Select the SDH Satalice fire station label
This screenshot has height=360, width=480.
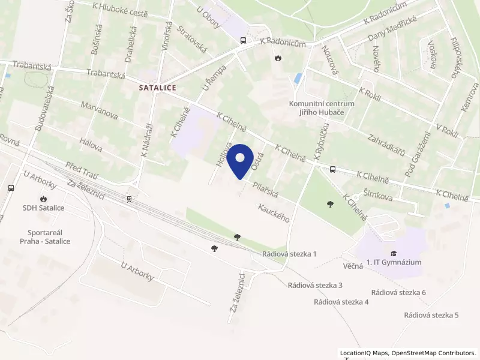click(x=44, y=208)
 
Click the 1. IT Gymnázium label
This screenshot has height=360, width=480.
click(x=394, y=262)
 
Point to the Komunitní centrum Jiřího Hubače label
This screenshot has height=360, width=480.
click(x=322, y=107)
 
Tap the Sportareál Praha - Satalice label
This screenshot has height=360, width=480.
click(x=49, y=236)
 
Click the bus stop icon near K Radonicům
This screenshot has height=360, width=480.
click(x=243, y=40)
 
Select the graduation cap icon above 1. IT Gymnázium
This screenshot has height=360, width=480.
click(x=394, y=253)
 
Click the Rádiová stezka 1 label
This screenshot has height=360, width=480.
click(x=289, y=254)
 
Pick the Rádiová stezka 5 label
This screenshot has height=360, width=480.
click(x=431, y=315)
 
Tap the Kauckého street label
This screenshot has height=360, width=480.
click(x=274, y=213)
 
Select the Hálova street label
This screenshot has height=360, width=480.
click(x=90, y=143)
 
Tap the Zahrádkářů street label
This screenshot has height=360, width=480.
click(x=388, y=143)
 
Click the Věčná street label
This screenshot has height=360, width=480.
click(x=353, y=266)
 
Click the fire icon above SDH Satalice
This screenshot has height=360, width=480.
click(x=44, y=199)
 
